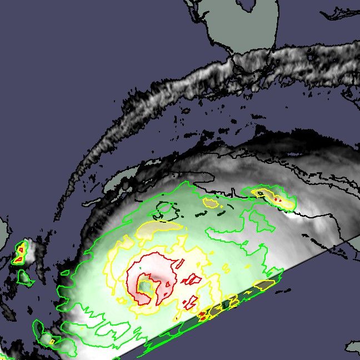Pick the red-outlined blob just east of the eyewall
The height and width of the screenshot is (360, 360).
coord(193,279)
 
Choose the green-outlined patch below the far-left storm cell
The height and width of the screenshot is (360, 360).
coord(24,276)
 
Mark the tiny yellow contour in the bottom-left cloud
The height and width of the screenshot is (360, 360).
coord(52,341)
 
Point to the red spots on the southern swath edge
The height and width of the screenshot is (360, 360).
coord(203,315)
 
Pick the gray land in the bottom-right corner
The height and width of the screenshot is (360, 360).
coord(353,348)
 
